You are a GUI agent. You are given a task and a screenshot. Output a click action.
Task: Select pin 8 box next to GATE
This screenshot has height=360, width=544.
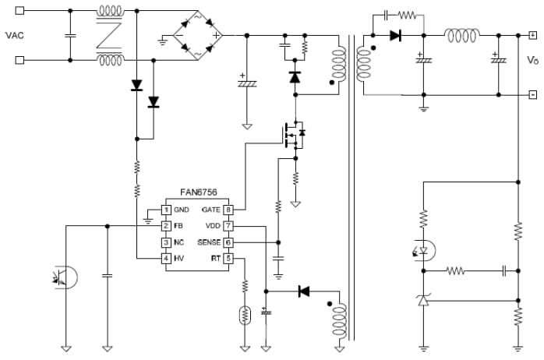228,210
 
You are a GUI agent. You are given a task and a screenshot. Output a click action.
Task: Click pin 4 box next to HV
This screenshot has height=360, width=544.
165,258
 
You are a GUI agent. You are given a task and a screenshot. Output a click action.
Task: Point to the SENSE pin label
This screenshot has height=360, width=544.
210,242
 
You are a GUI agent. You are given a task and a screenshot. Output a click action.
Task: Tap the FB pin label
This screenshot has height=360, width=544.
178,226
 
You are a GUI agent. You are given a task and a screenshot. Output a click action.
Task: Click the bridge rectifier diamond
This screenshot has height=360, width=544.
197,35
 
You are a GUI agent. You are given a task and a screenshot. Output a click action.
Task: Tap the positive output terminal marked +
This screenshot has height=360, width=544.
532,35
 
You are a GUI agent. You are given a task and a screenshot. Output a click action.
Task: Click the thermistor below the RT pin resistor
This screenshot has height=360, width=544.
245,316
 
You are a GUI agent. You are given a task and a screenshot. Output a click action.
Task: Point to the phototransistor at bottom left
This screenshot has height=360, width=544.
65,277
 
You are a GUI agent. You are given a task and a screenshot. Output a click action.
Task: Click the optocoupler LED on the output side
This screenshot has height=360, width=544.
424,250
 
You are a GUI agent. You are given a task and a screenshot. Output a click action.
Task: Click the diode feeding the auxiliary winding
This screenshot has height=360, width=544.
304,291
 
